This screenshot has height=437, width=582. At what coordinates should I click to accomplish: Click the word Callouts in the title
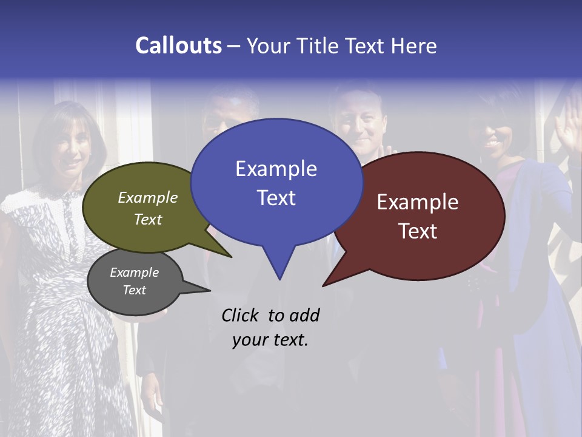[x=178, y=46]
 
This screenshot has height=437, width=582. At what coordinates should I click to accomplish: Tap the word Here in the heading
[x=412, y=46]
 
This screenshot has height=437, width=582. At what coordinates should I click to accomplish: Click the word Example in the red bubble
[x=418, y=202]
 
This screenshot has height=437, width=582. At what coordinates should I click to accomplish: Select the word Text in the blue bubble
[x=276, y=198]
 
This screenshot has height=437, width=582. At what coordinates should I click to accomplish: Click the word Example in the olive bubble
[x=148, y=197]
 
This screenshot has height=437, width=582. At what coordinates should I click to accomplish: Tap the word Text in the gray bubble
[x=134, y=290]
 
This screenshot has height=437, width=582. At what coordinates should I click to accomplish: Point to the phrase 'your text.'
[x=270, y=340]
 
